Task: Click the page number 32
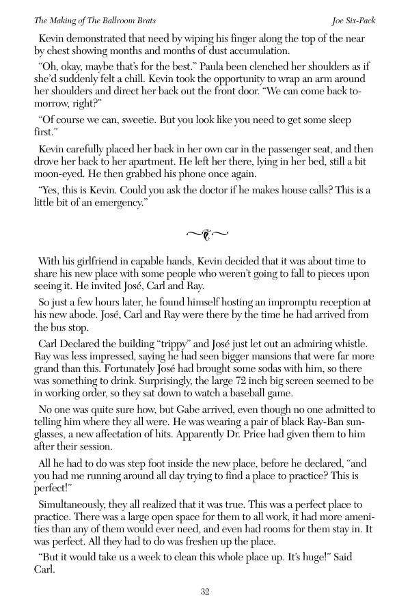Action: pyautogui.click(x=205, y=592)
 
